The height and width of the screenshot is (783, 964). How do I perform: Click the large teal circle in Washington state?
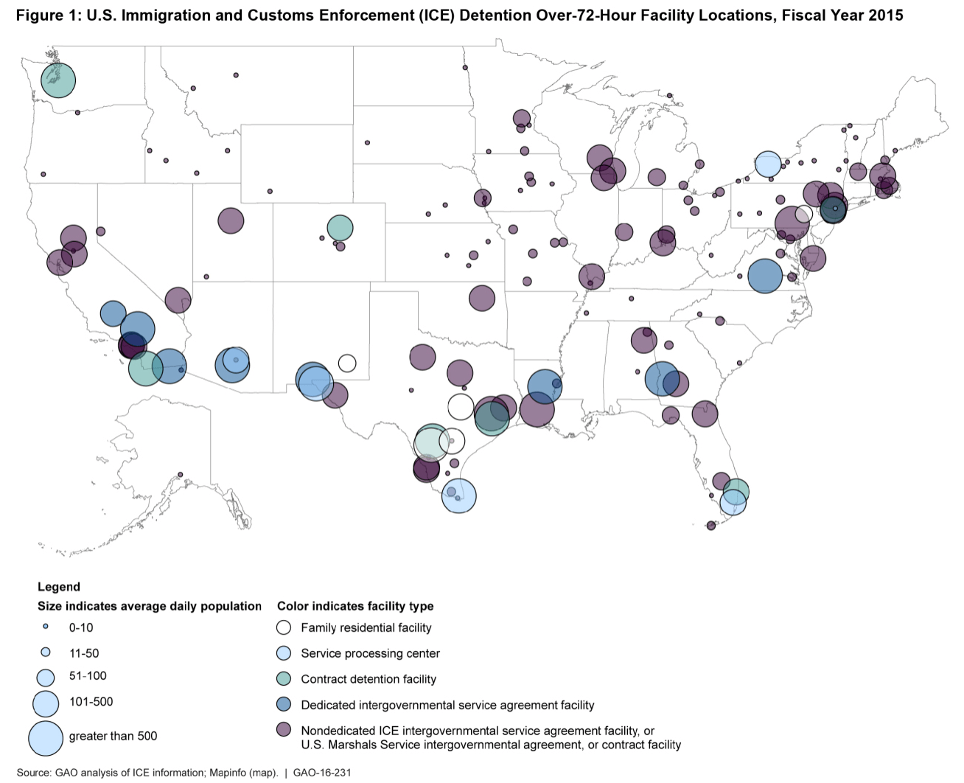(58, 80)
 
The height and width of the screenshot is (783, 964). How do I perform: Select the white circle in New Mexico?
(347, 363)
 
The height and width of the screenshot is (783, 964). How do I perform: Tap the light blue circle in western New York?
(768, 164)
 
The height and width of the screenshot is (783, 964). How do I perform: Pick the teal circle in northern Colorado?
(340, 228)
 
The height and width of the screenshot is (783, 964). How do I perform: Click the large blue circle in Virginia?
(765, 276)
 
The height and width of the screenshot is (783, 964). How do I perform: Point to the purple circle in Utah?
(231, 220)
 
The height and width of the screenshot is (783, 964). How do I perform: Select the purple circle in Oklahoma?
(482, 298)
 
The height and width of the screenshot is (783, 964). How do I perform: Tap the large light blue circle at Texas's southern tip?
(459, 495)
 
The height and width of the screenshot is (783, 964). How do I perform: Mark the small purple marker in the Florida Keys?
(711, 526)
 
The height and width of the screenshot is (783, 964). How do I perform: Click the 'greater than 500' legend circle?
(46, 738)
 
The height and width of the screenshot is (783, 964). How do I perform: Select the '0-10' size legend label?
(81, 628)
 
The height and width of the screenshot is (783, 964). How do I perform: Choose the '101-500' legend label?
(91, 702)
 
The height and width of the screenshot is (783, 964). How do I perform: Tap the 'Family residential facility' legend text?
(366, 628)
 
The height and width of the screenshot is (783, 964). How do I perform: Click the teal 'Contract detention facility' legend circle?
(284, 679)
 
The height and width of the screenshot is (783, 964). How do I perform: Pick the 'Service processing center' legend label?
(370, 653)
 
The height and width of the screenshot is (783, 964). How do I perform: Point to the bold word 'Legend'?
(59, 587)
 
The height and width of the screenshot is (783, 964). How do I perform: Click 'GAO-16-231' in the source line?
(322, 773)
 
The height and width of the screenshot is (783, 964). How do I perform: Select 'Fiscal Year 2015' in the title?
(842, 15)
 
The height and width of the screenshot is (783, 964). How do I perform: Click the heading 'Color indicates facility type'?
(355, 606)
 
